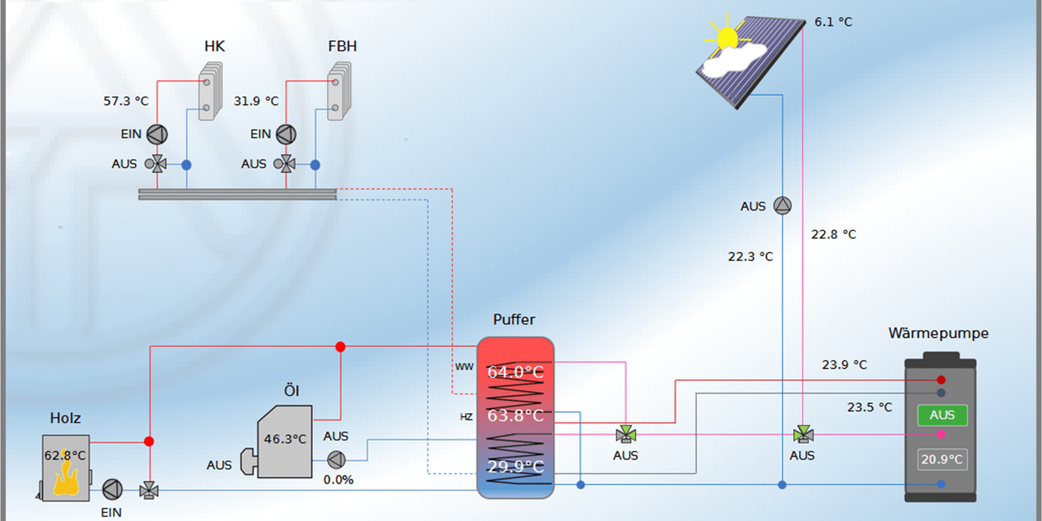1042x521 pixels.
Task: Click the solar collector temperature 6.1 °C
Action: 833,22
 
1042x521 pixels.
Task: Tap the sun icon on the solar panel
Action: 727,39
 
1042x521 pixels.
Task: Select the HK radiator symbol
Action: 210,91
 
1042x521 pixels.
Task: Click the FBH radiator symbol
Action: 339,91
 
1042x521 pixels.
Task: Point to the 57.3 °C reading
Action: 126,101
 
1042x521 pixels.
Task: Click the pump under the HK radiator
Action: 157,134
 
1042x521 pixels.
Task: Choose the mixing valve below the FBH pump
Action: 285,164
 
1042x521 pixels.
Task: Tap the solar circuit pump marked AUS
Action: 782,206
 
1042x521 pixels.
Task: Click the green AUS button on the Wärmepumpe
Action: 942,415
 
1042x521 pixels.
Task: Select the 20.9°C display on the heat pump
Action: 942,459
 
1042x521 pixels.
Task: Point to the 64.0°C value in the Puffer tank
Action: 515,372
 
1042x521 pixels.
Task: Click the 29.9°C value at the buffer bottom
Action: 515,467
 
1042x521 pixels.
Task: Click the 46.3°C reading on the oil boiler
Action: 285,439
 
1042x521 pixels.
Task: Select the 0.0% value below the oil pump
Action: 338,480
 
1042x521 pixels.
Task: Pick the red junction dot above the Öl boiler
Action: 340,347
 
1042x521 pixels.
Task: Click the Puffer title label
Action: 514,320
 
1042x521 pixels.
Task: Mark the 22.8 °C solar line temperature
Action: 833,234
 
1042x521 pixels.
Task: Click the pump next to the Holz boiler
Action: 112,490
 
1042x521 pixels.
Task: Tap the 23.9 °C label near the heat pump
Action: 844,365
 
